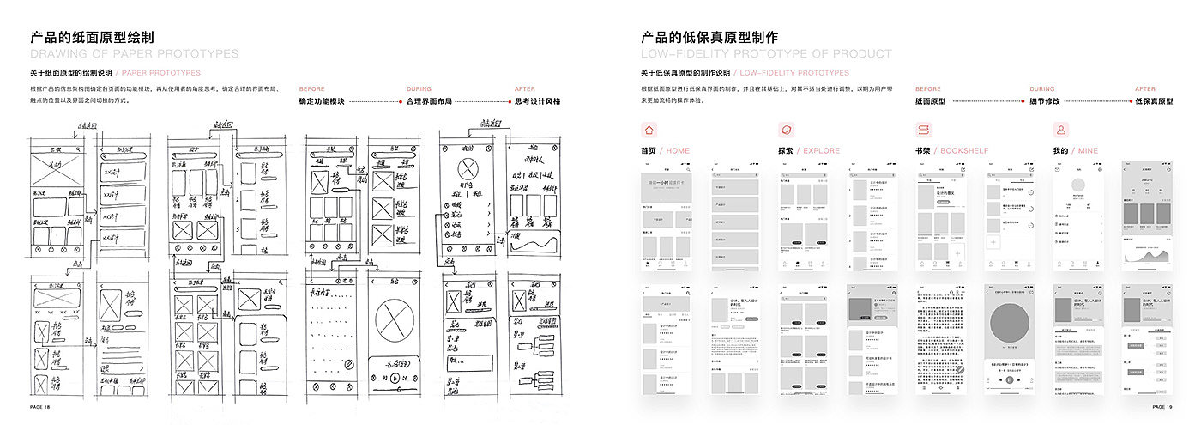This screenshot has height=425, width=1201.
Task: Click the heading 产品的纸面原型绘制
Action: point(92,38)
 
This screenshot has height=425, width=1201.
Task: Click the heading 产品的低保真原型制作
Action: point(709,38)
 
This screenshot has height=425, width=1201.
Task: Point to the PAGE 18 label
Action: point(40,407)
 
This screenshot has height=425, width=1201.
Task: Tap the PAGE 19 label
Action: point(1162,407)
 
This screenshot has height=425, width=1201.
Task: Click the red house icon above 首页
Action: point(649,131)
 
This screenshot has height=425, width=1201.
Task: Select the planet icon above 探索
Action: point(787,131)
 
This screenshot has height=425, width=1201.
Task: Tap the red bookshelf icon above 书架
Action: point(924,131)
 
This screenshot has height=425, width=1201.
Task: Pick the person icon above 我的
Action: point(1061,131)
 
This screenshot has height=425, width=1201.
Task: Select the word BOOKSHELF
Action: point(965,151)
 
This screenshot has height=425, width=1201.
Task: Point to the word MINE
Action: point(1089,151)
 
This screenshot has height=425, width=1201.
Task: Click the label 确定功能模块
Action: point(322,101)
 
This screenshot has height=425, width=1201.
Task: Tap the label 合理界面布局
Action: point(429,101)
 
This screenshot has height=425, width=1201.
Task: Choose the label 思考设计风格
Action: point(537,101)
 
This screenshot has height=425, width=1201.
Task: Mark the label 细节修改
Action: point(1045,101)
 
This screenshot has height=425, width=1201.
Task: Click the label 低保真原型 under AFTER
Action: point(1154,101)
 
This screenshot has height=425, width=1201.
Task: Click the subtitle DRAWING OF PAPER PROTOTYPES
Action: point(135,54)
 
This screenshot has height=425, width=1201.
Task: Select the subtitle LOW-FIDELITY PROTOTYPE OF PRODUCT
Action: point(766,54)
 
